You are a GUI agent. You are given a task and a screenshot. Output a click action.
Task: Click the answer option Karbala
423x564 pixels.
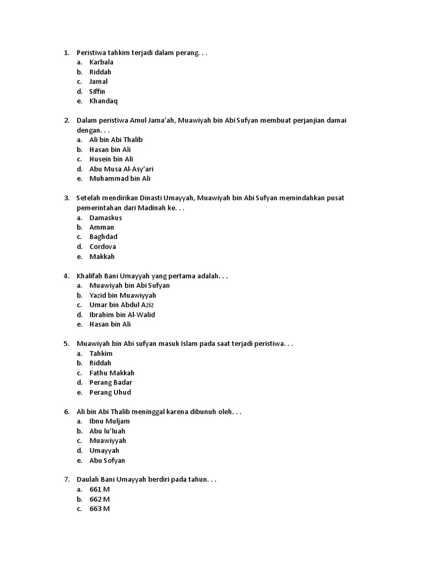pos(101,62)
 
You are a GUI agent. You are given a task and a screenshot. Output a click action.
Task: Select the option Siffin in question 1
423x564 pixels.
pos(97,91)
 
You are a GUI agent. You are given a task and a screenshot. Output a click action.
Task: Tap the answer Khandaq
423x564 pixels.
pos(104,101)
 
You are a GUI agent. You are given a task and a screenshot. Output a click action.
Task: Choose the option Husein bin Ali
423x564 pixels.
pos(111,159)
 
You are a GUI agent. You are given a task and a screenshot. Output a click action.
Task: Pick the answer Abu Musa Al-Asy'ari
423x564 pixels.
pos(121,169)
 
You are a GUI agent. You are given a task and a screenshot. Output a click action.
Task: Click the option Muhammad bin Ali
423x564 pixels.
pos(120,178)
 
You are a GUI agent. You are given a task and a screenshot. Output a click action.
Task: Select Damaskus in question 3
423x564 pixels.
pos(106,218)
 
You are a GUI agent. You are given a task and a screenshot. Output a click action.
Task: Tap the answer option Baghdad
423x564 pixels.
pos(104,237)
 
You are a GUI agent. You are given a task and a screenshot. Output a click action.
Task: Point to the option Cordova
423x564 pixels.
pos(103,247)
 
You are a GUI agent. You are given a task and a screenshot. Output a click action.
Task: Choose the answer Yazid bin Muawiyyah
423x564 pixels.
pos(123,295)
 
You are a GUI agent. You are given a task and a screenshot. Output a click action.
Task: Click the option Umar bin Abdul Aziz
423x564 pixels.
pos(122,305)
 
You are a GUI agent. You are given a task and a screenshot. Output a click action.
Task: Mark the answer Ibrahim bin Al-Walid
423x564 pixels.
pos(122,314)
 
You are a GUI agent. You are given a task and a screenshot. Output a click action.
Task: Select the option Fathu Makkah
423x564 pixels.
pos(112,373)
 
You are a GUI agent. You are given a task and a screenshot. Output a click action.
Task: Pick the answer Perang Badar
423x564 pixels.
pos(111,382)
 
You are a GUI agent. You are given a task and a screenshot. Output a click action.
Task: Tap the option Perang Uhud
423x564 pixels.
pos(110,392)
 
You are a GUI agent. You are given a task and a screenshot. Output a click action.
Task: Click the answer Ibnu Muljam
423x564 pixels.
pos(110,421)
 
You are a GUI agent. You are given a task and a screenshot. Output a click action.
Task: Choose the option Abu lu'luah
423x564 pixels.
pos(107,431)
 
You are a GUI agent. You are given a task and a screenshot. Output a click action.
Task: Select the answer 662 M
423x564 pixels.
pos(100,499)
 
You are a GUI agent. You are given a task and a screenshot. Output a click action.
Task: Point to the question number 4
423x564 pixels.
pos(66,276)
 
